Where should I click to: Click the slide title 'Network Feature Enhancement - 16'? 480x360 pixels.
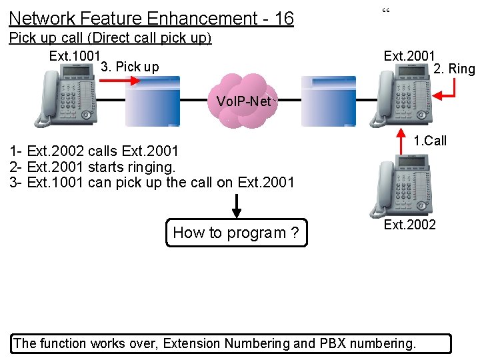[x=151, y=18]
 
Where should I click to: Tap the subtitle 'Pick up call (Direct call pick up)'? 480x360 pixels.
[x=110, y=38]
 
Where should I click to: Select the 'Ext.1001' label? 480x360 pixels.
[x=75, y=56]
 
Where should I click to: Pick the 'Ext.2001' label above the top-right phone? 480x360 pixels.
[x=409, y=56]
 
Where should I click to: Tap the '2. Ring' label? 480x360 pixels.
[x=454, y=69]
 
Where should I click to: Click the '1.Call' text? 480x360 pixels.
[x=430, y=141]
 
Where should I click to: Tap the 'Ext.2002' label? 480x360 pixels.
[x=409, y=225]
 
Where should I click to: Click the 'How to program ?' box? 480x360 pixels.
[x=237, y=233]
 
